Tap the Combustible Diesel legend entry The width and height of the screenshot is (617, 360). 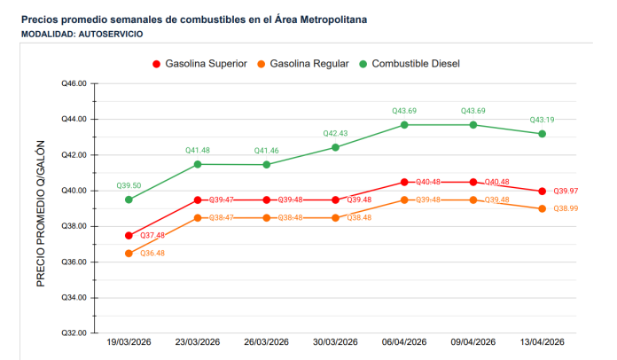click(x=409, y=64)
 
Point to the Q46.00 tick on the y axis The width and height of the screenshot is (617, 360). click(x=74, y=83)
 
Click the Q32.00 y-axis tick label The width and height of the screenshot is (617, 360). click(x=74, y=333)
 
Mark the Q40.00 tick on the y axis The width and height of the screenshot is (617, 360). click(x=74, y=191)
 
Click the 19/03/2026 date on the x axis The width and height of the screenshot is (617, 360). click(x=129, y=342)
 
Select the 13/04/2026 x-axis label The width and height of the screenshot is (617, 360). click(x=542, y=342)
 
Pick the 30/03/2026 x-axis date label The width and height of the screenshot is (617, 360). click(x=335, y=342)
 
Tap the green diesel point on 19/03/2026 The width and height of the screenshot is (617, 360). click(x=129, y=200)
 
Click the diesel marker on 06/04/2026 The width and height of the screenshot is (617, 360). click(x=404, y=125)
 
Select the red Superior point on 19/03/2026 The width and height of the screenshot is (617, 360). click(x=129, y=236)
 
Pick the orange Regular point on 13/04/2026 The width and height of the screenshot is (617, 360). click(x=542, y=208)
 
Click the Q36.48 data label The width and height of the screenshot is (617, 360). click(x=152, y=253)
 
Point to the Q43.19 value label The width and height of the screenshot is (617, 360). click(x=542, y=120)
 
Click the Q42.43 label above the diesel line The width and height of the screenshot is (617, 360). click(x=335, y=133)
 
